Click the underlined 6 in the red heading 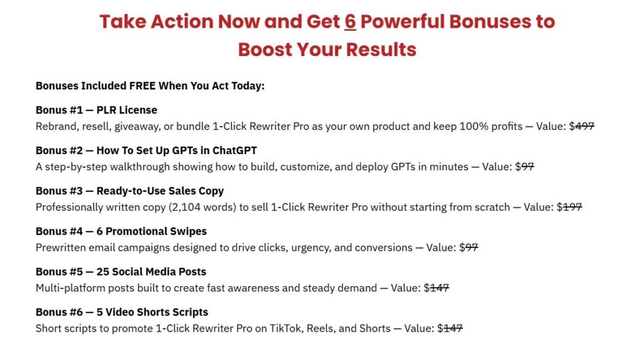pos(350,22)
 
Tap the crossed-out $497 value pos(582,126)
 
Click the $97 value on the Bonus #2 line pos(524,166)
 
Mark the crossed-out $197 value pos(569,207)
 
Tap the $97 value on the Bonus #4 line pos(469,247)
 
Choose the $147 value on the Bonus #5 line pos(436,288)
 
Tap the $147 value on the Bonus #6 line pos(450,328)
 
